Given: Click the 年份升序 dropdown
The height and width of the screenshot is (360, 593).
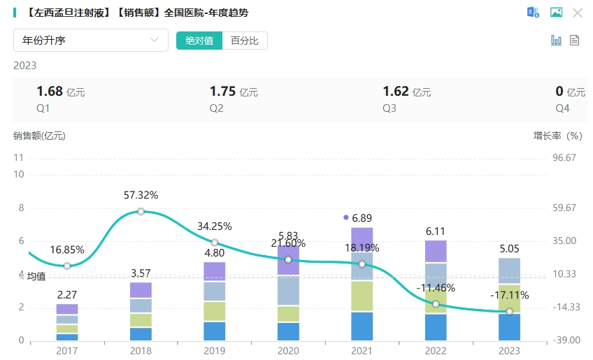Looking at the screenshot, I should (x=91, y=41).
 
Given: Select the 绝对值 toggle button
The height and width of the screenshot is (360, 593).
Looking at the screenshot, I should (x=199, y=41).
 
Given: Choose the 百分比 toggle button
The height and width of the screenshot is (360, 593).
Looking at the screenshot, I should (x=245, y=41).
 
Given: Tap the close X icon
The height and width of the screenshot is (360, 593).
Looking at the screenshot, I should (x=578, y=13).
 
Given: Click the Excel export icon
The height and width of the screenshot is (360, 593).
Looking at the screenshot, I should (x=533, y=13).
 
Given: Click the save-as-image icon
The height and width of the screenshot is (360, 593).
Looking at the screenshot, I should (x=556, y=13).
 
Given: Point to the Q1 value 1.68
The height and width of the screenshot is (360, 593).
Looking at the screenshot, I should (x=50, y=92).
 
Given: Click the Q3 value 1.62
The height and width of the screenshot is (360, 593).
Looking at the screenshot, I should (x=396, y=92).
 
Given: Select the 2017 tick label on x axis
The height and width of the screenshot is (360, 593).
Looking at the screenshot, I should (x=67, y=351).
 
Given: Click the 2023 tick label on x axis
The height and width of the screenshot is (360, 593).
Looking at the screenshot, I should (x=509, y=351).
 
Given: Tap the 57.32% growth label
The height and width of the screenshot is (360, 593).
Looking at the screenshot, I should (x=141, y=195).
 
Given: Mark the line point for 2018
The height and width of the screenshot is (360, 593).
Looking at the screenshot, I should (x=141, y=211).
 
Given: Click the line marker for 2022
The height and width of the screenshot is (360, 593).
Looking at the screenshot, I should (x=436, y=304).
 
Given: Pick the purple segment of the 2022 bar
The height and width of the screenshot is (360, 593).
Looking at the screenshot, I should (x=436, y=251).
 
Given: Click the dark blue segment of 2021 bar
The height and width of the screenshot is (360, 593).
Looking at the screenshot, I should (x=362, y=326).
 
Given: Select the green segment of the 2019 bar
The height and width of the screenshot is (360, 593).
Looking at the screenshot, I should (x=215, y=311).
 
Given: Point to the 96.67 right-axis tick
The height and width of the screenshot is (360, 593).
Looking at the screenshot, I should (x=564, y=158).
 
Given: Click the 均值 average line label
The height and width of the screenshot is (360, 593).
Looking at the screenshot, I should (x=36, y=276).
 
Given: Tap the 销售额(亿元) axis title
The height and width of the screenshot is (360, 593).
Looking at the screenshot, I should (x=39, y=136).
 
